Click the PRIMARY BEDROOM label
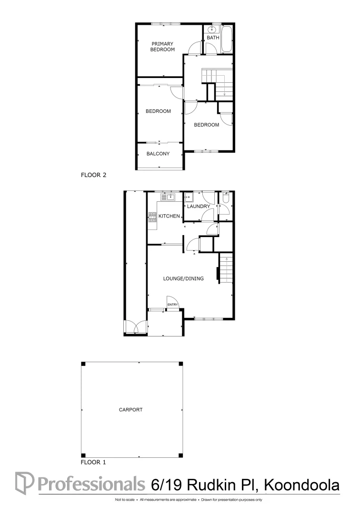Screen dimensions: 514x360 point(162,47)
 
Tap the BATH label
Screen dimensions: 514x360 point(213,38)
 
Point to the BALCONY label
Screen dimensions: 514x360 point(158,154)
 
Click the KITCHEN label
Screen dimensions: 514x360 point(169,216)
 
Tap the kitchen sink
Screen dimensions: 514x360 point(169,196)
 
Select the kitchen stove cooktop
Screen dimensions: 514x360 point(152,217)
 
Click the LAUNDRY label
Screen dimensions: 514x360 point(199,206)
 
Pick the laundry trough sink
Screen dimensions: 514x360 point(189,197)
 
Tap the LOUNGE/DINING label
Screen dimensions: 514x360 point(183,278)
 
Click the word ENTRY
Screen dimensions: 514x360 point(172,305)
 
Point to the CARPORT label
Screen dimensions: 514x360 point(131,409)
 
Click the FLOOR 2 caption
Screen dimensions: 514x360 point(94,175)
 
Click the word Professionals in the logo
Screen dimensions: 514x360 point(90,483)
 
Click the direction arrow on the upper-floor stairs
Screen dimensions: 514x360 point(224,93)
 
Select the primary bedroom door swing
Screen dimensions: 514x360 point(195,48)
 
